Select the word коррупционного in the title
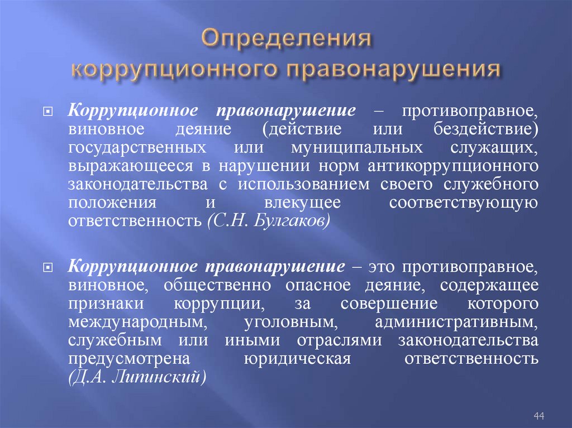pos(175,70)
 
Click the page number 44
pos(539,415)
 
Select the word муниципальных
pos(356,149)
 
